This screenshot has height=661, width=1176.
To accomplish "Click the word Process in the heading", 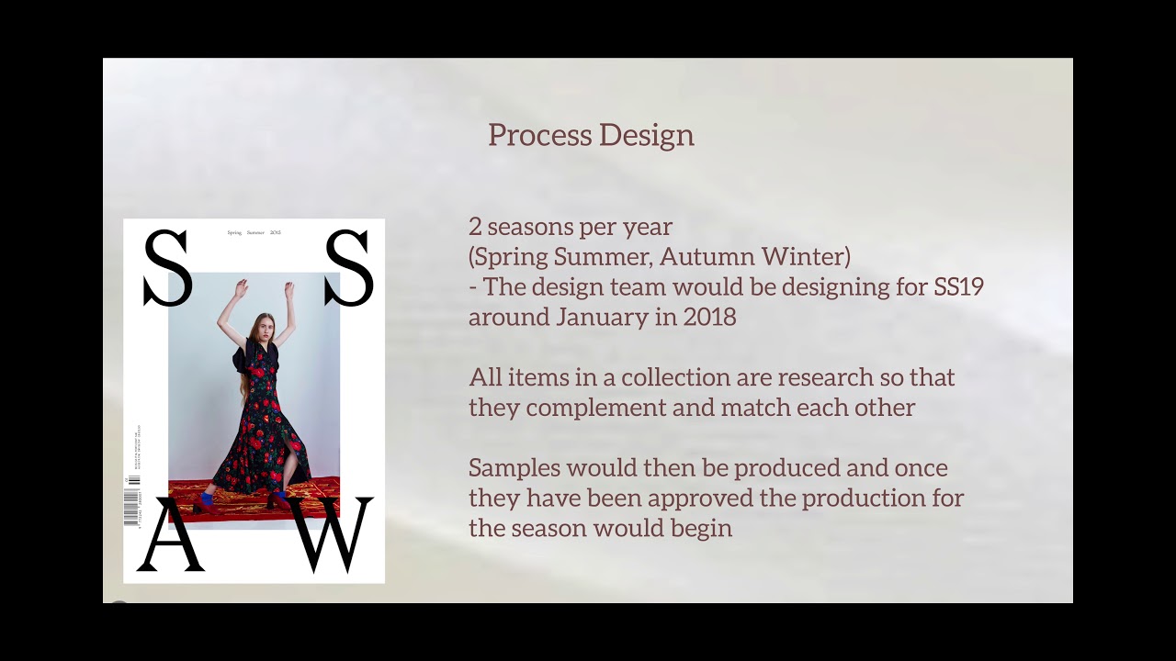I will point(526,135).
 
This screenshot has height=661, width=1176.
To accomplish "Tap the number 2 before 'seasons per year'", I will point(475,227).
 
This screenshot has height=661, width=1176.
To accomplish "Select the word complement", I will point(613,407).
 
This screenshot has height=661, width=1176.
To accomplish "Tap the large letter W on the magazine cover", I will point(334,535).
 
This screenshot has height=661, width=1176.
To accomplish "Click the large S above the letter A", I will point(167,269).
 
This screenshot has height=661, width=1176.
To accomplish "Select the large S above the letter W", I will point(349,269).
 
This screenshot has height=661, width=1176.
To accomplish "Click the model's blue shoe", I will point(204,501).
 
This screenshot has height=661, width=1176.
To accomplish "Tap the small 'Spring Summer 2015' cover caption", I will point(254,233).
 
